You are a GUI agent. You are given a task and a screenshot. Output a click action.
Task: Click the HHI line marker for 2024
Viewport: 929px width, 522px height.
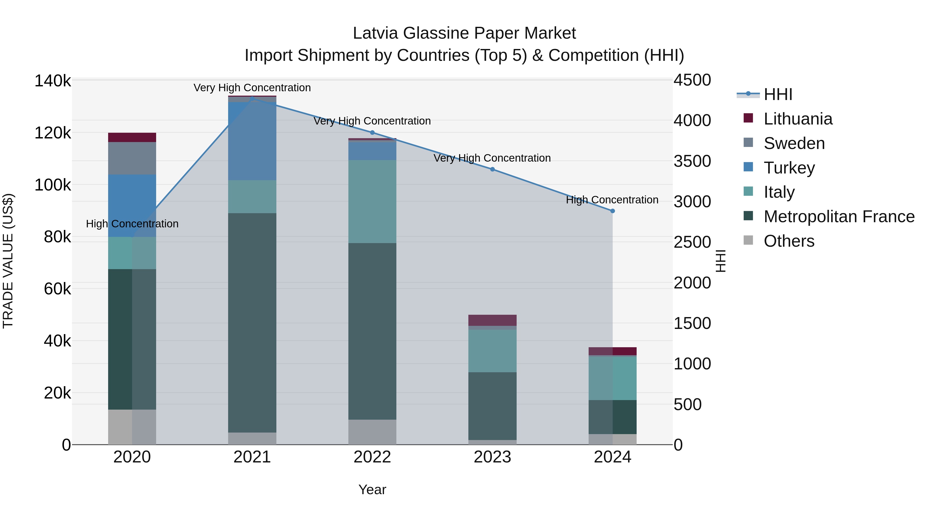[612, 211]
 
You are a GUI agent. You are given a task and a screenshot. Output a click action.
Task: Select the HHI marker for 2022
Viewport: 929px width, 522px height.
[372, 132]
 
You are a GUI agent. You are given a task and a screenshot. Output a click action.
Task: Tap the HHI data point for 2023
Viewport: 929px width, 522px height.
[492, 169]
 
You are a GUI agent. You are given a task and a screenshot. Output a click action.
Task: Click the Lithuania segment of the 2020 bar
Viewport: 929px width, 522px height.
[132, 137]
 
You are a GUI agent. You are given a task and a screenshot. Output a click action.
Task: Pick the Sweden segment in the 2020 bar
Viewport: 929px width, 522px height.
[132, 158]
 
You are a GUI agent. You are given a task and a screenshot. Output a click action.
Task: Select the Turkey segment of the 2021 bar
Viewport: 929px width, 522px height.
[252, 141]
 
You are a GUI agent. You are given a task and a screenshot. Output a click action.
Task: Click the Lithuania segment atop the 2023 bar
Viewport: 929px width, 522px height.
[492, 320]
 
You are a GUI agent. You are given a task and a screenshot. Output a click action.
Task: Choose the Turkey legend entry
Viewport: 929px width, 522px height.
[789, 168]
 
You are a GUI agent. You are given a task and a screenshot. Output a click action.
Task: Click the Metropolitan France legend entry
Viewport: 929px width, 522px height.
[839, 217]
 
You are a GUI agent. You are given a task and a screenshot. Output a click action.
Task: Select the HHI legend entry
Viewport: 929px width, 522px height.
[778, 94]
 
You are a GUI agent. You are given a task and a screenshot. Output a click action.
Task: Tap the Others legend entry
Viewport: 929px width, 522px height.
[789, 241]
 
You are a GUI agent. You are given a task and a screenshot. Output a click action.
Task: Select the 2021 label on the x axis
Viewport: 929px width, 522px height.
[252, 457]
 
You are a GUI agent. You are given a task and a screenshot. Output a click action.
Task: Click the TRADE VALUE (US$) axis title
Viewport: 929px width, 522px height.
[8, 261]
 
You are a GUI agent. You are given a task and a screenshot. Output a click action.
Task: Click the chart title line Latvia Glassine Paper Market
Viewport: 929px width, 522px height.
[464, 33]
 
